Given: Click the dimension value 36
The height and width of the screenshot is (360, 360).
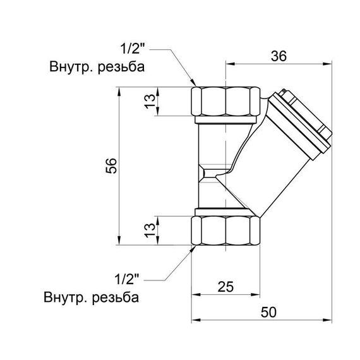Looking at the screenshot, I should [279, 56].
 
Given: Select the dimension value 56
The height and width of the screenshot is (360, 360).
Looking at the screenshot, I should [111, 165].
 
